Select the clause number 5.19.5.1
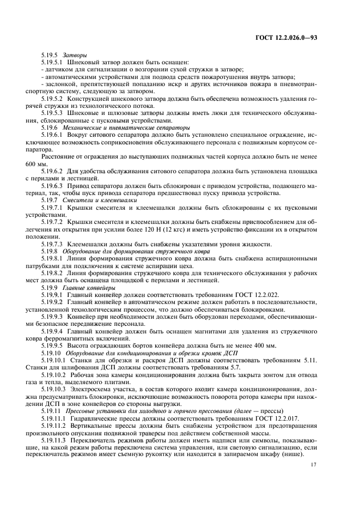click(53, 63)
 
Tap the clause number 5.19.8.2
click(53, 272)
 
